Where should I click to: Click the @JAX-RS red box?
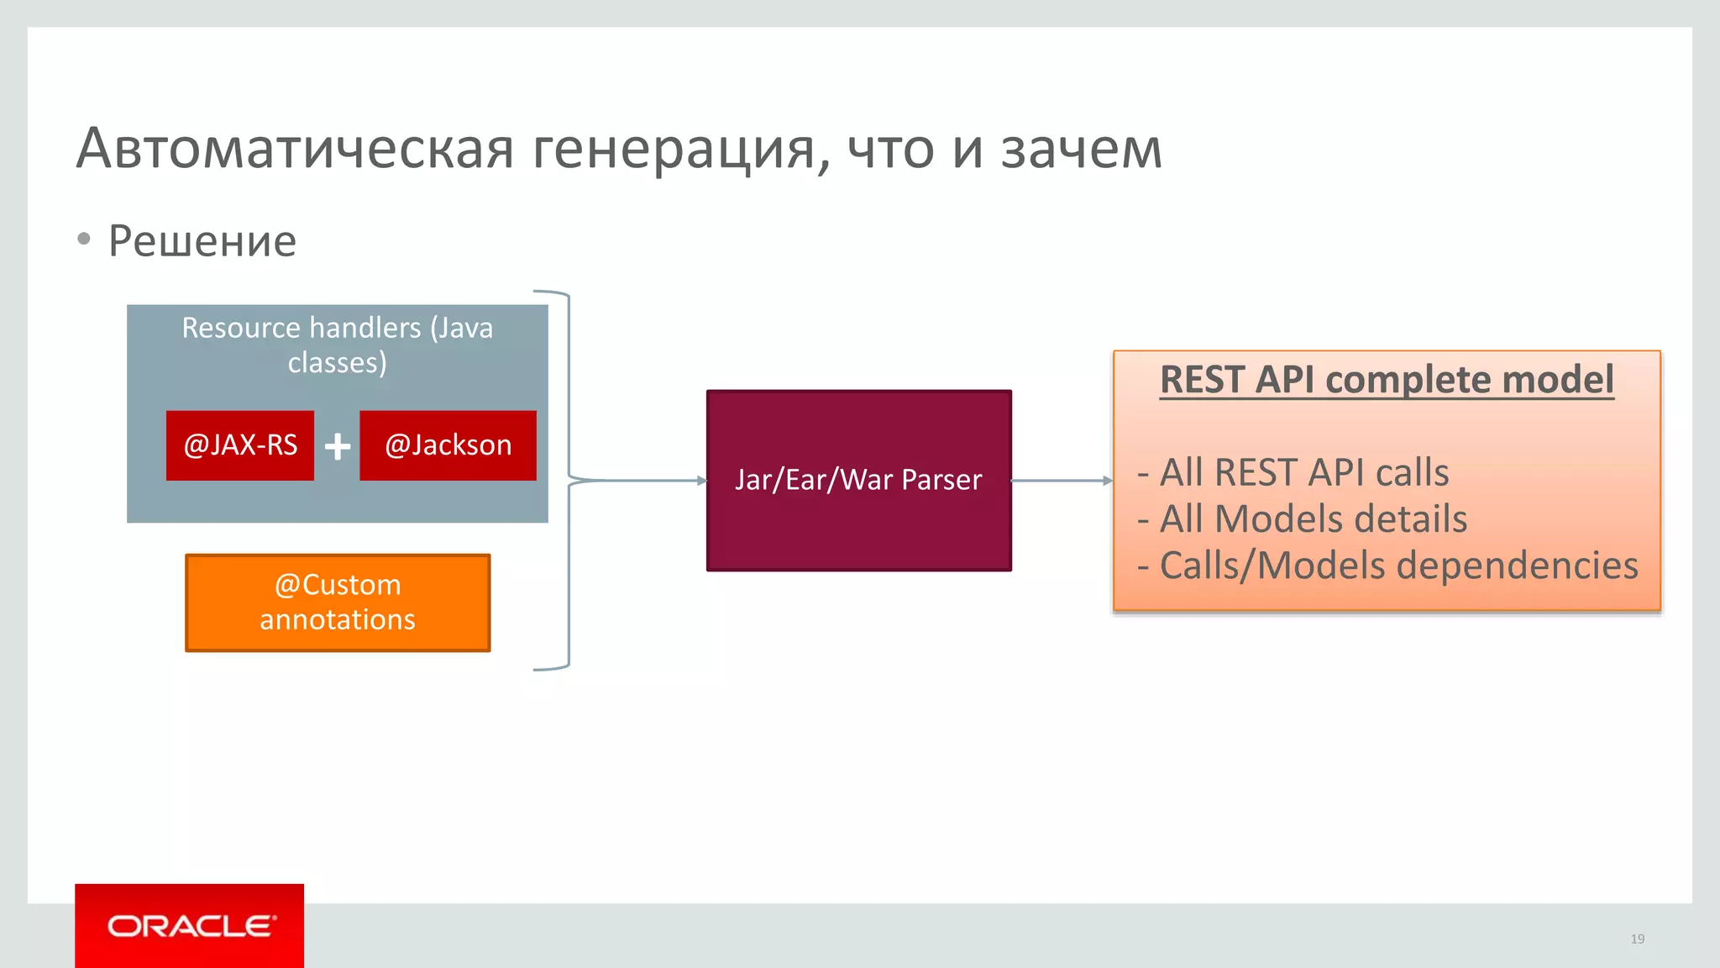click(x=240, y=445)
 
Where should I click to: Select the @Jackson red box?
click(x=448, y=445)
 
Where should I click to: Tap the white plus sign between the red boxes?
click(x=338, y=446)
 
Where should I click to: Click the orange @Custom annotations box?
click(x=338, y=602)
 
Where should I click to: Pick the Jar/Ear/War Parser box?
click(x=858, y=481)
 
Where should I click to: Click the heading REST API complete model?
click(x=1387, y=380)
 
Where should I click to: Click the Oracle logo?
click(x=190, y=926)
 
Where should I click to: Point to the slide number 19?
click(x=1637, y=939)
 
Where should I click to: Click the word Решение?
click(x=202, y=241)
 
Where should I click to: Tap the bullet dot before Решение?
click(x=83, y=239)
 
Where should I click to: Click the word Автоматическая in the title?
click(x=294, y=149)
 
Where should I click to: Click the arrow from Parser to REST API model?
click(x=1062, y=481)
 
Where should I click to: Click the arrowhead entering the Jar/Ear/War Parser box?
click(x=701, y=481)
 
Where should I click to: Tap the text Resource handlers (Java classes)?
click(x=338, y=345)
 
